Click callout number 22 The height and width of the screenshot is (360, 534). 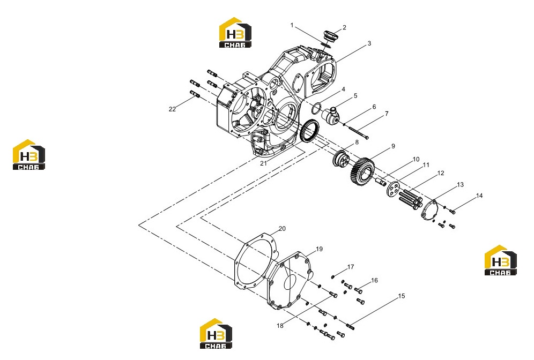(172, 109)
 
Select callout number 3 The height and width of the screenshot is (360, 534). (369, 43)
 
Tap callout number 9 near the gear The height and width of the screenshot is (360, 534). (393, 146)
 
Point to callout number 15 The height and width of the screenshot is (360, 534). (402, 296)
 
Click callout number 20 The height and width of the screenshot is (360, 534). (282, 229)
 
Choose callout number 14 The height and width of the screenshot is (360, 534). (479, 196)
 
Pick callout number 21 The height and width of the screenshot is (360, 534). (264, 163)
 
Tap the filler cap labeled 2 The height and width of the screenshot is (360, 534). (329, 35)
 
